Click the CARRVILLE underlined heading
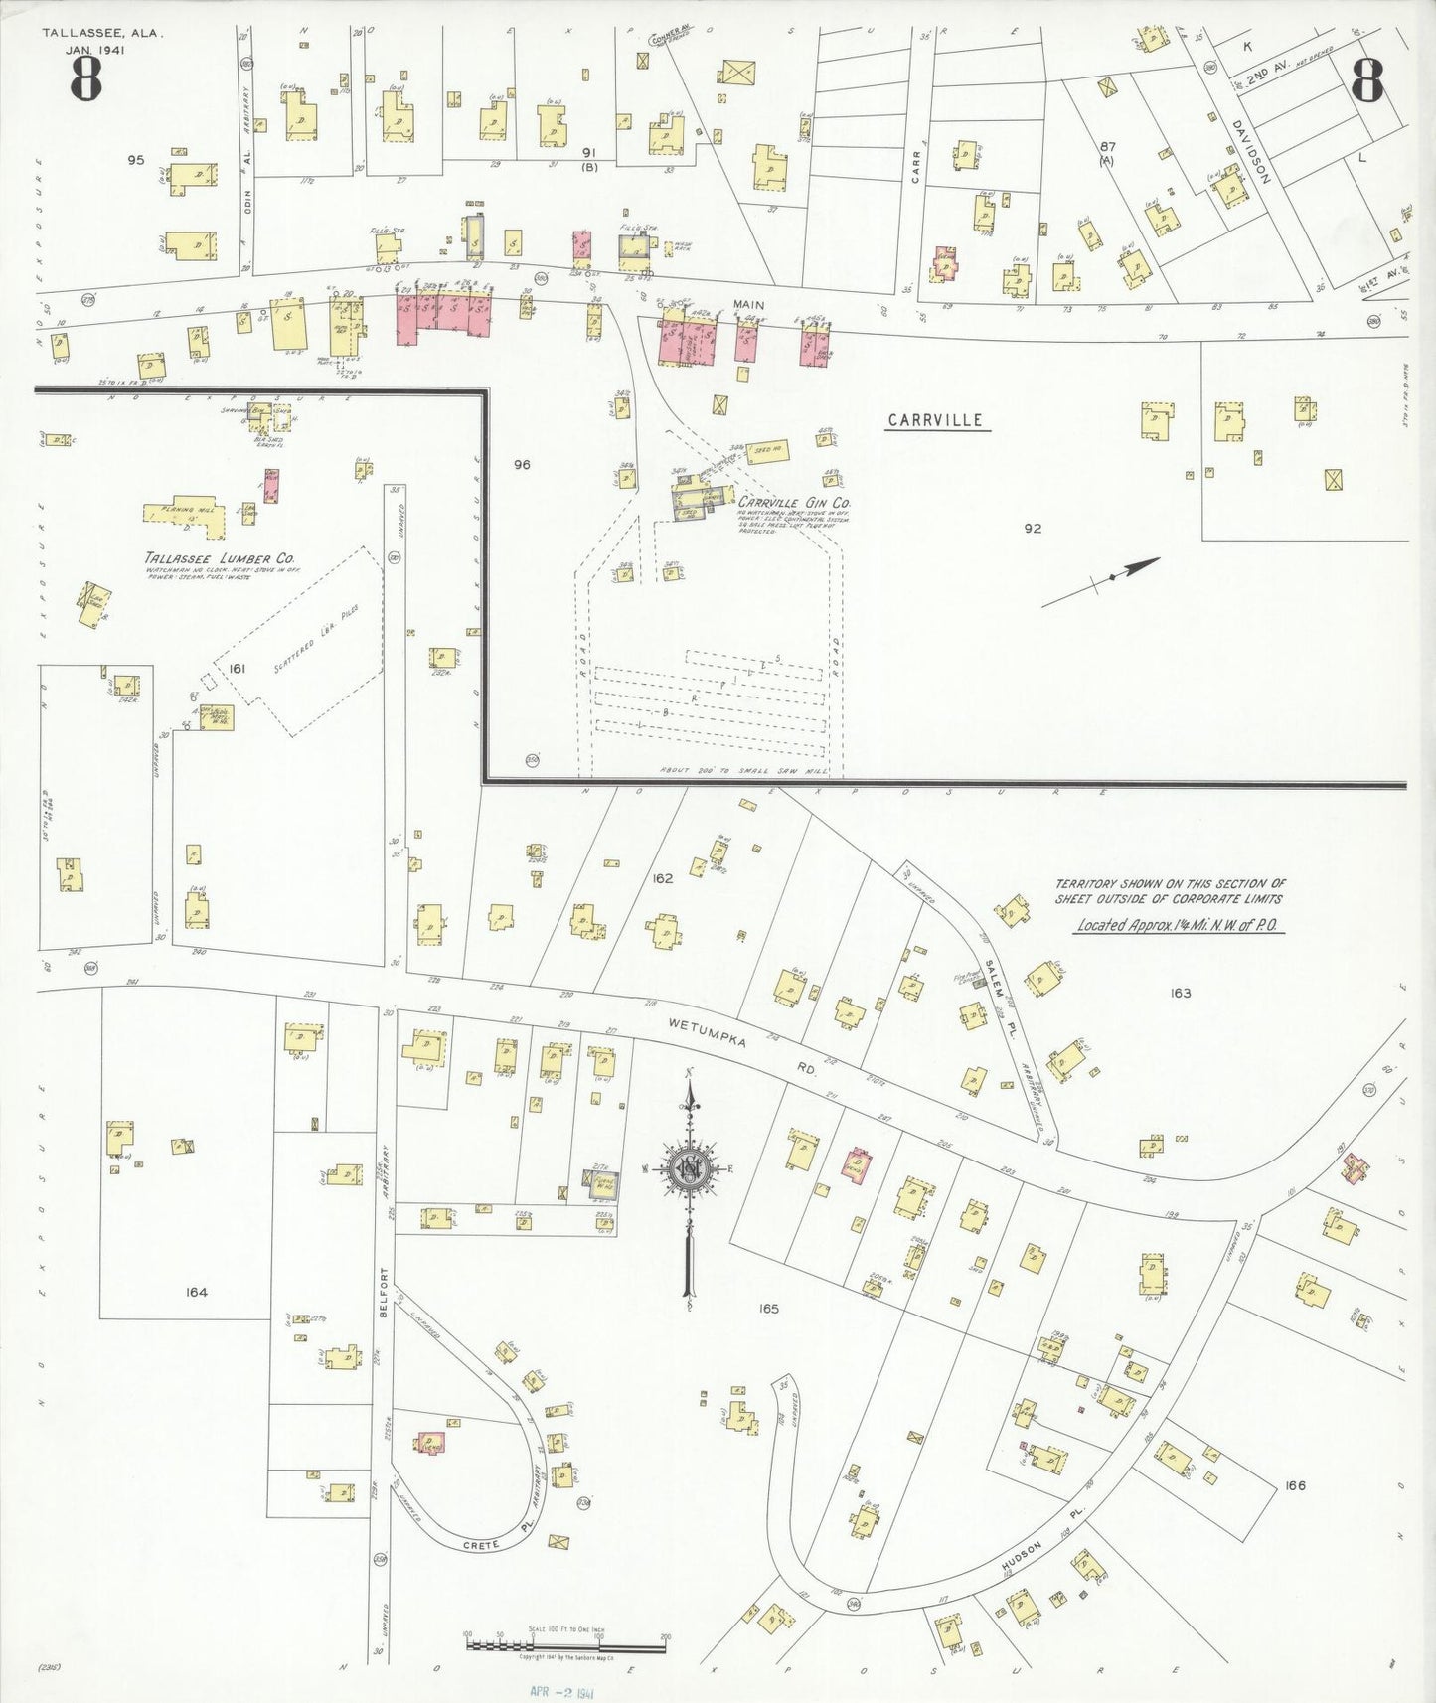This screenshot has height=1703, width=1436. pyautogui.click(x=935, y=420)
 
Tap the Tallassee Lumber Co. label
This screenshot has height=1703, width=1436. pyautogui.click(x=219, y=559)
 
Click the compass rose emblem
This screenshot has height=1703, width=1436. pyautogui.click(x=689, y=1167)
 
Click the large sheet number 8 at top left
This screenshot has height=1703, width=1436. pyautogui.click(x=85, y=80)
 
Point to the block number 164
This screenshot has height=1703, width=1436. pyautogui.click(x=196, y=1292)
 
